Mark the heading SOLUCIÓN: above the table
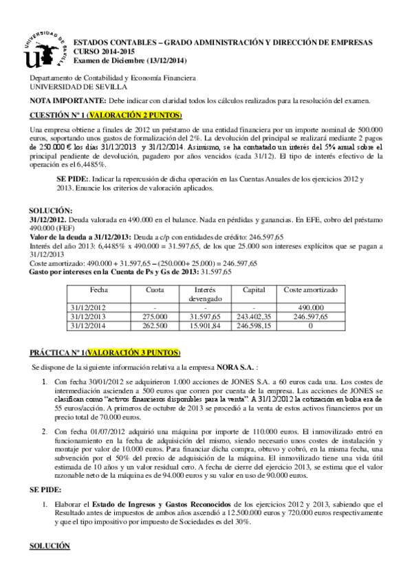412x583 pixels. coord(51,210)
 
